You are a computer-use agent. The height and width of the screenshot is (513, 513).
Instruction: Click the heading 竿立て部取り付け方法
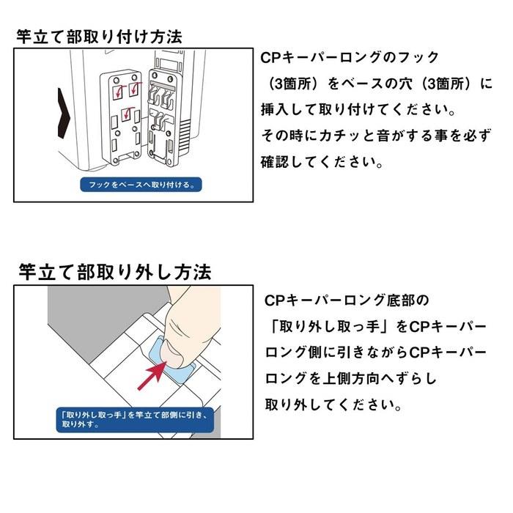99,37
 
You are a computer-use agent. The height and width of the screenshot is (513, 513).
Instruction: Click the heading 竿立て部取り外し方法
115,272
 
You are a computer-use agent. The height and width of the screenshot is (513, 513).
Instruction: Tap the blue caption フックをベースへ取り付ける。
141,185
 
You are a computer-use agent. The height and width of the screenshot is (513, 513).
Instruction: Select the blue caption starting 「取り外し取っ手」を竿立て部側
135,420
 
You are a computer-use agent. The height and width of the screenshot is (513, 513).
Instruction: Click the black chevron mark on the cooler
64,113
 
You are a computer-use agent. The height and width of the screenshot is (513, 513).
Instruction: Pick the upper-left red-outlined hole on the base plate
117,92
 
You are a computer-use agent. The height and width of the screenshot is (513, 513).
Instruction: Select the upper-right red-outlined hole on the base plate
134,89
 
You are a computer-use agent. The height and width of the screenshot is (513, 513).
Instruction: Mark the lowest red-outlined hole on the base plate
126,114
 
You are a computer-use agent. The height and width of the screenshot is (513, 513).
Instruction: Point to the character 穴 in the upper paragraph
405,84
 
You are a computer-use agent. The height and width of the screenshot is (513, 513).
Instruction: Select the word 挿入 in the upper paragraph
275,110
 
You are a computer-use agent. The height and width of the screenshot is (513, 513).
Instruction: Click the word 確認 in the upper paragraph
275,162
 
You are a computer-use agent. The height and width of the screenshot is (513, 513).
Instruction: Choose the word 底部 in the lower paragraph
400,300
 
